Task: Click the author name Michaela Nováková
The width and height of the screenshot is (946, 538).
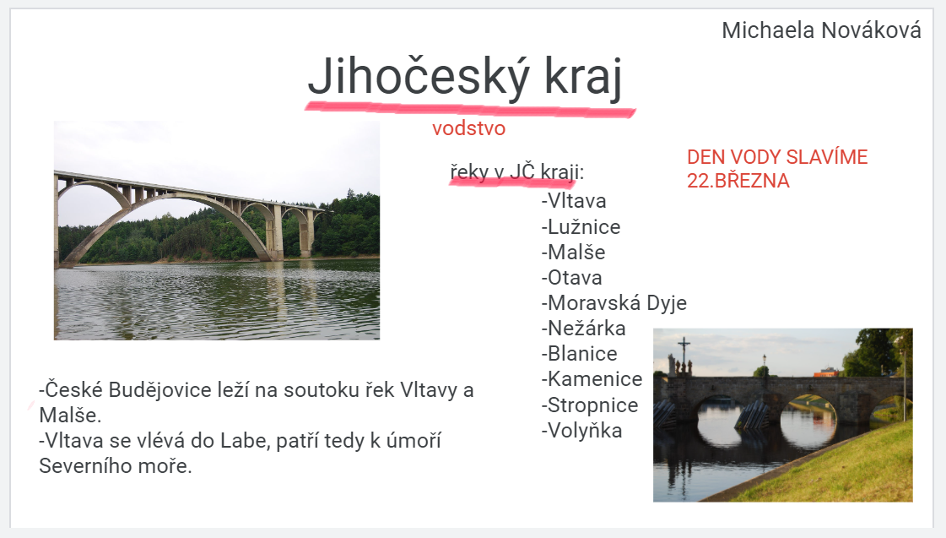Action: point(821,30)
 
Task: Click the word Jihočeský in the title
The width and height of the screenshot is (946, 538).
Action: point(418,77)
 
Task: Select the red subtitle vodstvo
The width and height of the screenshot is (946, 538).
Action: point(468,128)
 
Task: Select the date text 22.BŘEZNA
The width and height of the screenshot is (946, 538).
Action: point(738,181)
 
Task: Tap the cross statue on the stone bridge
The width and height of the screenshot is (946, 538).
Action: point(684,357)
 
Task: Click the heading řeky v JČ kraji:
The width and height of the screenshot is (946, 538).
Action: point(517,172)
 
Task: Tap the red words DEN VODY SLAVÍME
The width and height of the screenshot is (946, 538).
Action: point(777,157)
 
